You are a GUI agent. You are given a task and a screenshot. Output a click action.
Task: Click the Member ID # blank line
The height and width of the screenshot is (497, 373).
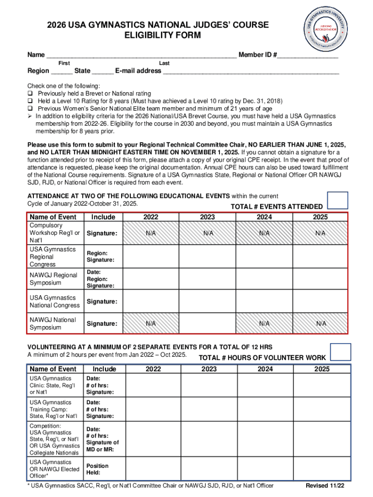click(x=308, y=54)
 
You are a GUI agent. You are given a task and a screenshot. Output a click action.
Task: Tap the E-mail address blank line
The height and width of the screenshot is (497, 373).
click(x=251, y=70)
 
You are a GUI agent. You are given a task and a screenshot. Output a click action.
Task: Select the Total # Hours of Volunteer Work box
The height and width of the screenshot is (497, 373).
click(x=340, y=351)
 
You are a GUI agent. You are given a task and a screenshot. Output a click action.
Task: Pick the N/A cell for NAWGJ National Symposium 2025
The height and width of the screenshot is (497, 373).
click(x=320, y=323)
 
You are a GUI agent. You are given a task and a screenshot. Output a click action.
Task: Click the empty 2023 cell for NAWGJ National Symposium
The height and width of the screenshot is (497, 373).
click(x=208, y=323)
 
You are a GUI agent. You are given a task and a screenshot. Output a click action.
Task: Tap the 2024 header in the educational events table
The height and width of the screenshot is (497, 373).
click(x=264, y=217)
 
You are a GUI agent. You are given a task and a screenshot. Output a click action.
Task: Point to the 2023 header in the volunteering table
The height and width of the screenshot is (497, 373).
click(x=209, y=369)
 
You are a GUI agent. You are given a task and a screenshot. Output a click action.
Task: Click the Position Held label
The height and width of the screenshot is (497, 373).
click(x=97, y=469)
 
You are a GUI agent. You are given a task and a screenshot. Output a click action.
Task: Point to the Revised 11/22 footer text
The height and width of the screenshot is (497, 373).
click(x=325, y=486)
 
